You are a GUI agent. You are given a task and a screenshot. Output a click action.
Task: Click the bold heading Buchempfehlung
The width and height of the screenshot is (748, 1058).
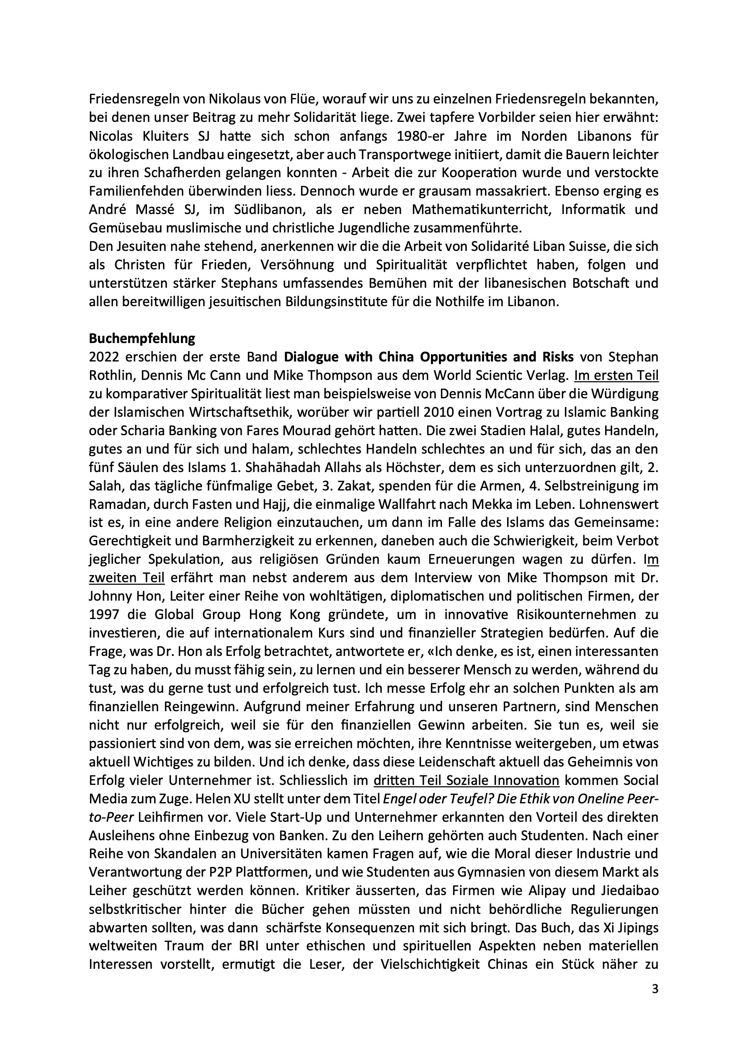[x=142, y=339]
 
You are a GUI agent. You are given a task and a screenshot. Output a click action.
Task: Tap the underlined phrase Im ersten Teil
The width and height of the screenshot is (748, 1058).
[x=616, y=376]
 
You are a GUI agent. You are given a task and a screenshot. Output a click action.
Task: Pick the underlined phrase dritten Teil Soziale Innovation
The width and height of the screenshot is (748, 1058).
[x=466, y=781]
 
